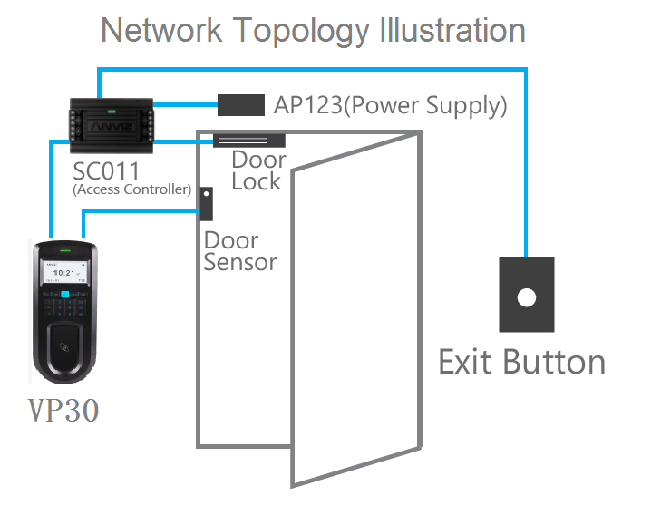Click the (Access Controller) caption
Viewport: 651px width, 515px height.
131,189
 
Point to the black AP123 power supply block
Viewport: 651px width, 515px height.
240,104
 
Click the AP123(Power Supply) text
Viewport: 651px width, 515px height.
390,104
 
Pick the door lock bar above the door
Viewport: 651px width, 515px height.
249,141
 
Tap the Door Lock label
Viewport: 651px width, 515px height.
257,170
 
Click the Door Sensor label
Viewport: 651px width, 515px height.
239,252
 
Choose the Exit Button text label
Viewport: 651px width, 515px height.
521,362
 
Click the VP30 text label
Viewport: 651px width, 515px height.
63,411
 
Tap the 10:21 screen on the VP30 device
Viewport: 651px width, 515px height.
64,271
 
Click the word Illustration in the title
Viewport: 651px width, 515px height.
448,30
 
